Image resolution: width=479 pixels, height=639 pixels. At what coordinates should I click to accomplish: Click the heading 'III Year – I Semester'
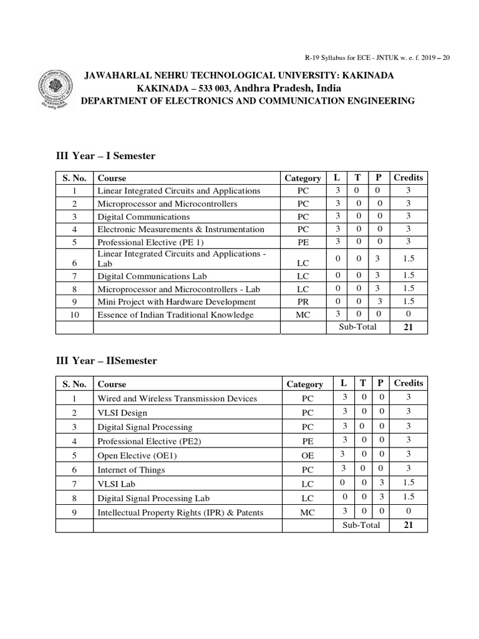point(105,156)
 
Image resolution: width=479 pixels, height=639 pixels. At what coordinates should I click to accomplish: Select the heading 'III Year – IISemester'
point(106,361)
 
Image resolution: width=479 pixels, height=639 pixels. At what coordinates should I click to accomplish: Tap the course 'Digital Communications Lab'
point(152,276)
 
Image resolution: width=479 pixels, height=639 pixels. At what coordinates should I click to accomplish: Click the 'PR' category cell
point(302,301)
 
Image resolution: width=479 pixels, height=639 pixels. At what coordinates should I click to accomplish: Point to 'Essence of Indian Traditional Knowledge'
point(175,315)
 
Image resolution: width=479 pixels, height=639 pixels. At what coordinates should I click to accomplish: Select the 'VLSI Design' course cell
point(122,412)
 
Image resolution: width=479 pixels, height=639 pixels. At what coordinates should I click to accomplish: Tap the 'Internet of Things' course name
point(131,469)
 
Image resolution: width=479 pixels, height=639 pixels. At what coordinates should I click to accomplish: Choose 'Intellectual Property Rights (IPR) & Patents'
point(180,512)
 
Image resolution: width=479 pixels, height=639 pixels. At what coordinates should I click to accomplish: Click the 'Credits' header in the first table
point(408,177)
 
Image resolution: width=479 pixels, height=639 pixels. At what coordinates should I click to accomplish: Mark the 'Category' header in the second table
point(304,384)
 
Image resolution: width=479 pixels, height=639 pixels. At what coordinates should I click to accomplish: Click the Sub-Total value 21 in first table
point(408,327)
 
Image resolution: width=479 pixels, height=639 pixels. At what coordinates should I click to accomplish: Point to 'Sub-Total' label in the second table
point(361,525)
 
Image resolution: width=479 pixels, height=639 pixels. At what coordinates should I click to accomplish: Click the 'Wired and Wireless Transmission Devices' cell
point(177,398)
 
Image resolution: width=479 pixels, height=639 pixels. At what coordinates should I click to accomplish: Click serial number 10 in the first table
point(74,315)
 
